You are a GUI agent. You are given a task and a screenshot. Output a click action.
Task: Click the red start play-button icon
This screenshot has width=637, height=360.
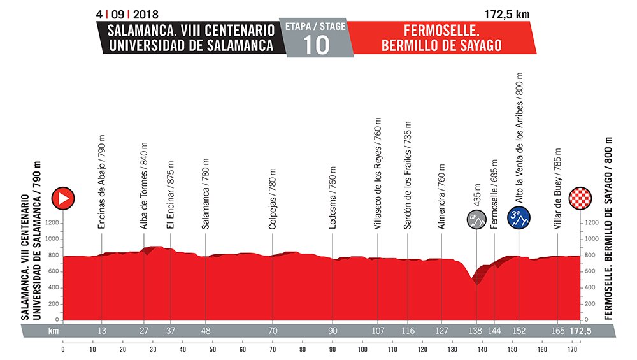(63, 198)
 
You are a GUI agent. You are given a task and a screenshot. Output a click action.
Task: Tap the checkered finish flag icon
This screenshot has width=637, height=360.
(581, 198)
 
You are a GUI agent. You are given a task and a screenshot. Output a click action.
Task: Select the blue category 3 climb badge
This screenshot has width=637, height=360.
(519, 218)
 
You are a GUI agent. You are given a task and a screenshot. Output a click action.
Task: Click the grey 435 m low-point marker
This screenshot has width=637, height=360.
(475, 218)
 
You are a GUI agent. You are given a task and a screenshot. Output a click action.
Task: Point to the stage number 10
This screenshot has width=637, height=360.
(317, 45)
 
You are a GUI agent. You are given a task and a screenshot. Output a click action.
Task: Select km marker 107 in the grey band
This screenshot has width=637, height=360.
(377, 331)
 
